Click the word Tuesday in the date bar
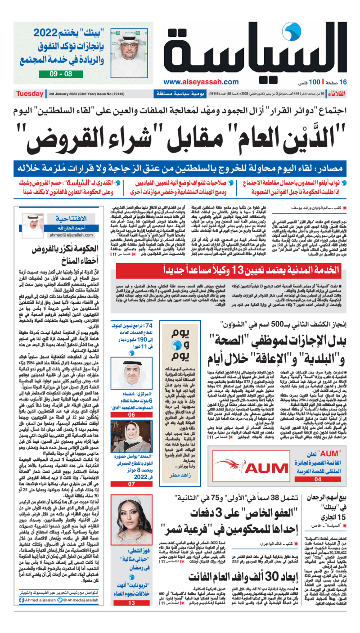(x=30, y=94)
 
